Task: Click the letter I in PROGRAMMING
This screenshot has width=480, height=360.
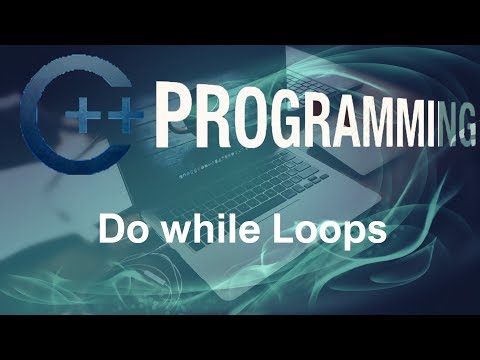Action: (x=423, y=121)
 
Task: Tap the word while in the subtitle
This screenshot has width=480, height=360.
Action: (x=194, y=231)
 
